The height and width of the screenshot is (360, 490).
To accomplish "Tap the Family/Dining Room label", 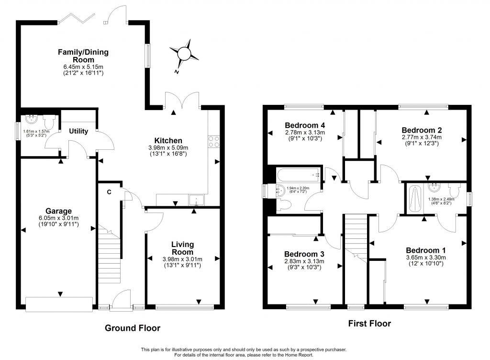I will [x=83, y=56].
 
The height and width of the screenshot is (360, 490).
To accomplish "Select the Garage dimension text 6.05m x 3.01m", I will [x=58, y=218].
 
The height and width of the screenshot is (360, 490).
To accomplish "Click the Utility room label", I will [x=78, y=131].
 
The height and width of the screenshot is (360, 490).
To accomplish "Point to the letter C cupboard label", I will [x=110, y=192].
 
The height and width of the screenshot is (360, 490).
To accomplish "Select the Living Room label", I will [x=182, y=248].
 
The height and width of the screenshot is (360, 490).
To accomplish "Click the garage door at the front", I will [x=59, y=304].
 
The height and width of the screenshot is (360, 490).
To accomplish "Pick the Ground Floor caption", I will [x=133, y=328].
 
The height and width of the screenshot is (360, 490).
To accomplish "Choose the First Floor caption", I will [x=369, y=324].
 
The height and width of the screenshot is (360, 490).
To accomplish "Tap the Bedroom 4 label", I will [x=305, y=125].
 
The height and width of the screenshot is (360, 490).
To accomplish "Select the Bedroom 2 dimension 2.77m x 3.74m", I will [x=422, y=137].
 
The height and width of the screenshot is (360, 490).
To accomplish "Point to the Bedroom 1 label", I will [x=425, y=250].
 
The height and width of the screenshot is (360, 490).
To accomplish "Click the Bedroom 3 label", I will [x=304, y=254].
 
